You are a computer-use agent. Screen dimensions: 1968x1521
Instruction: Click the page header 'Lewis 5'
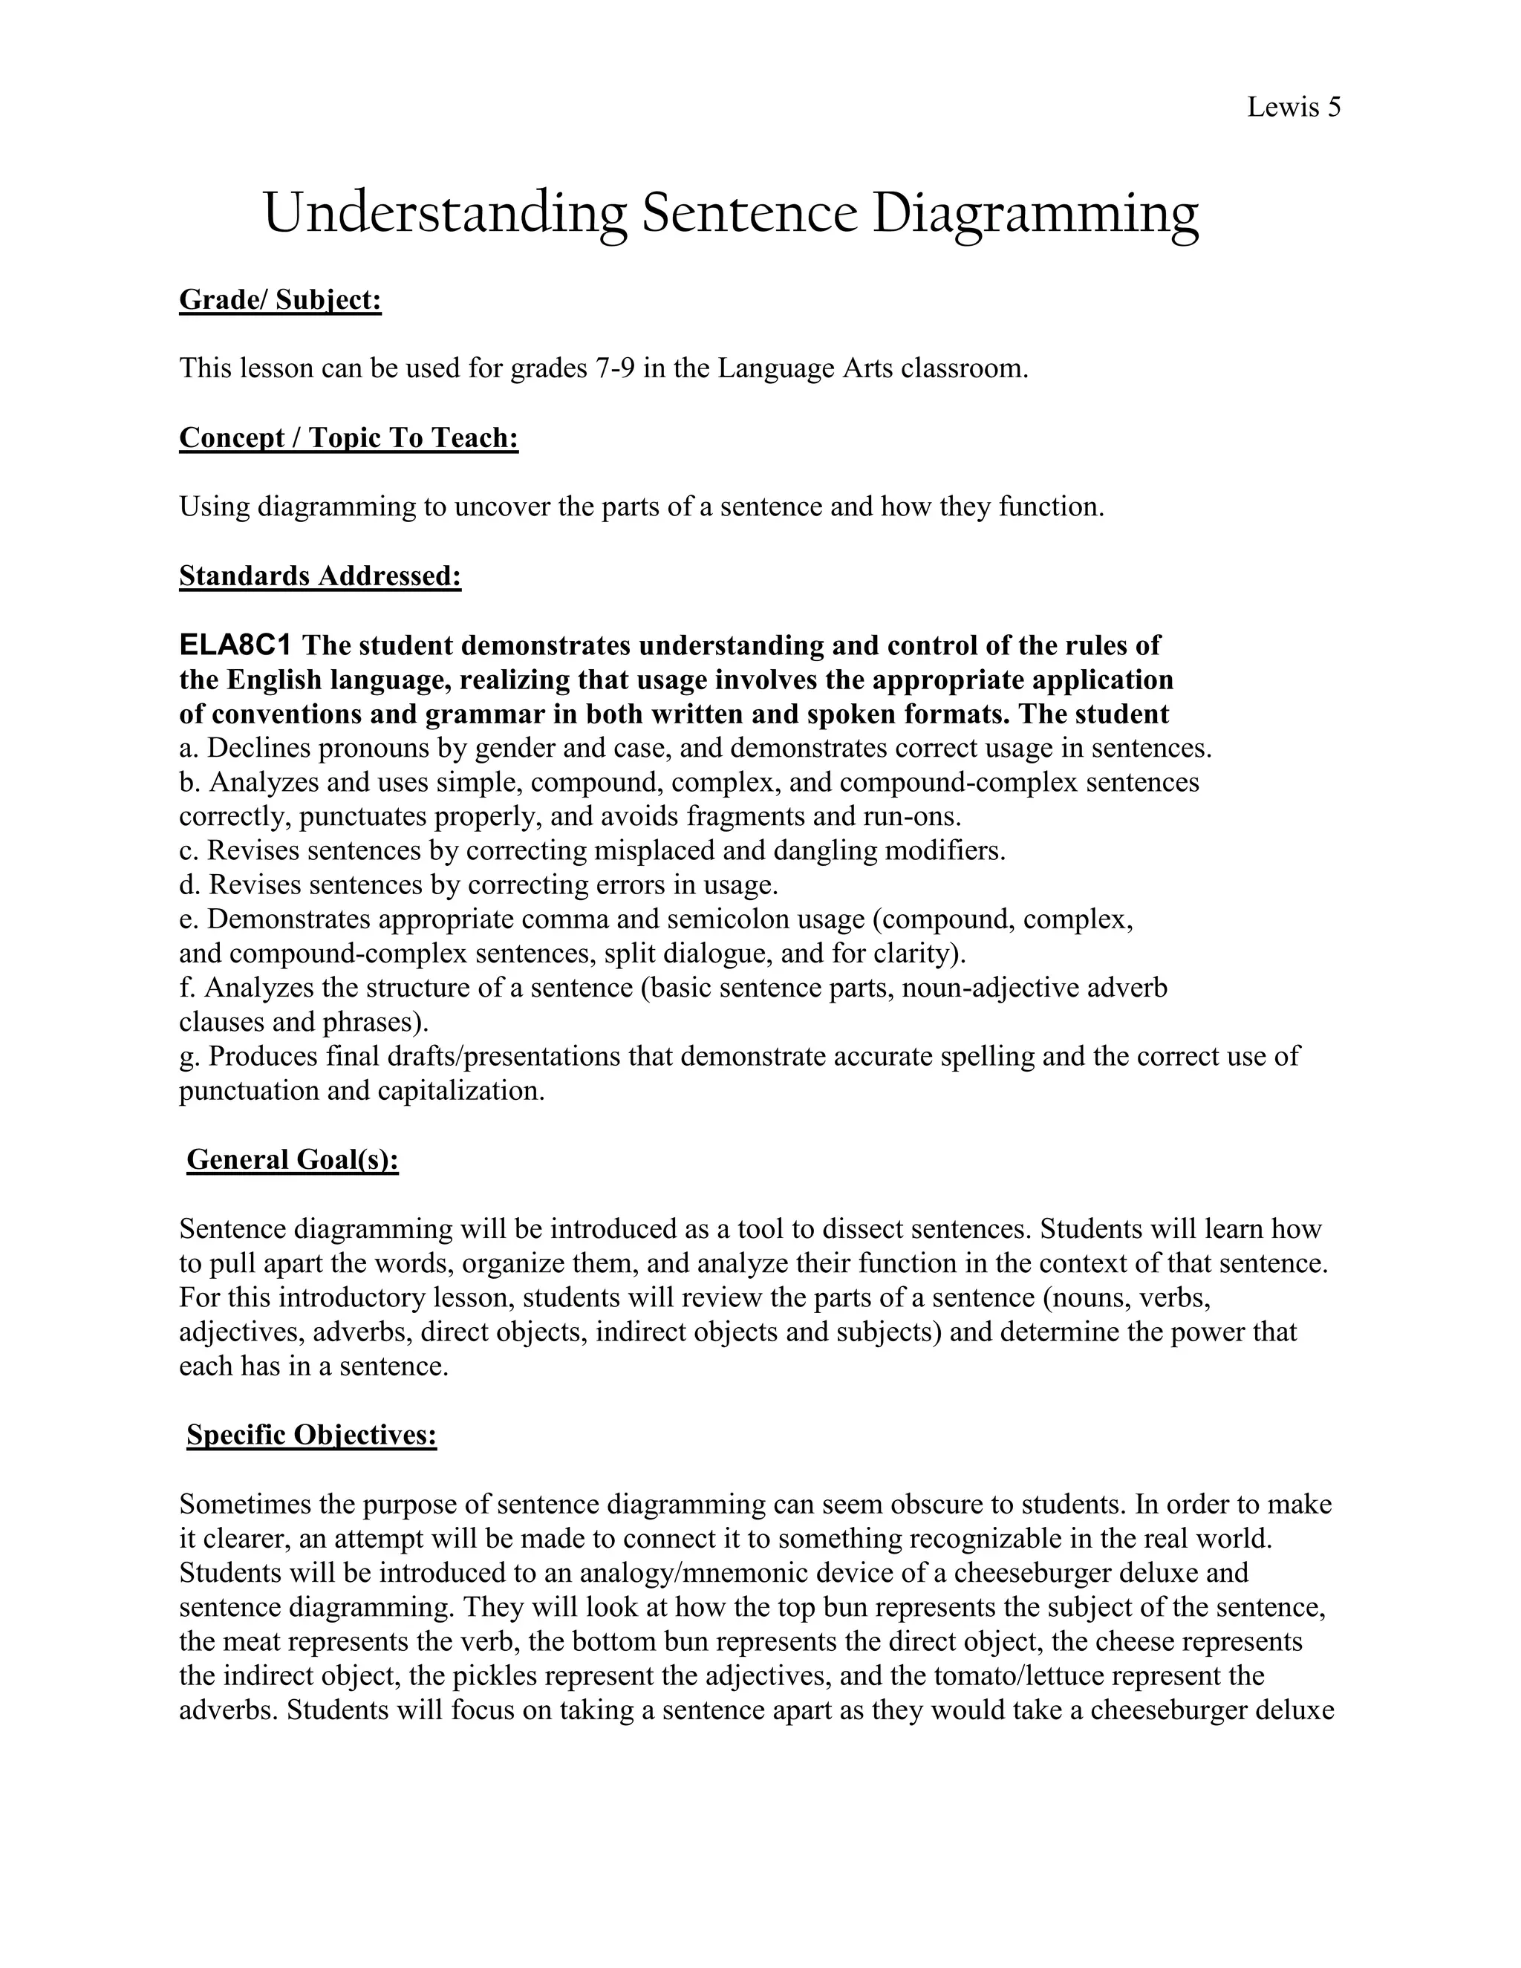[1293, 107]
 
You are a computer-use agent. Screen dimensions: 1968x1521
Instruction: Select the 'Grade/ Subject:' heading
[280, 299]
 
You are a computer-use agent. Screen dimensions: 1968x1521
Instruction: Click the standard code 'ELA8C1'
[235, 645]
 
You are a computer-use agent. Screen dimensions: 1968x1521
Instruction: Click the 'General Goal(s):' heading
[292, 1160]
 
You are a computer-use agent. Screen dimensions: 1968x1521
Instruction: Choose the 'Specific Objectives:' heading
[312, 1436]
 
